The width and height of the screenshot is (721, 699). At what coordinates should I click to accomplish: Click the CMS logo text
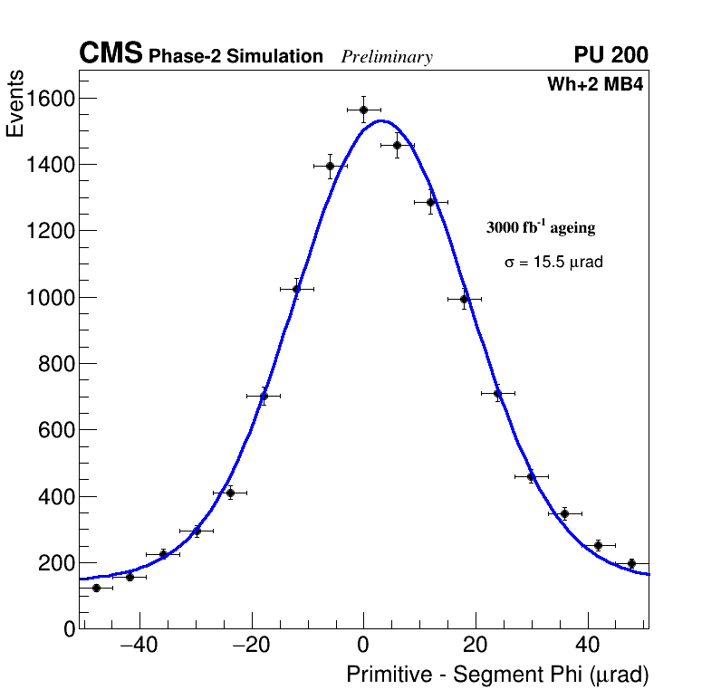[111, 54]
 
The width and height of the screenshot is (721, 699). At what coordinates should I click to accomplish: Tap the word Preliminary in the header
[387, 57]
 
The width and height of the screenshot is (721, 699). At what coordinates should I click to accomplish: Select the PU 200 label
[610, 55]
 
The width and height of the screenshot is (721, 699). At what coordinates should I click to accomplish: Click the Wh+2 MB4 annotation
[594, 85]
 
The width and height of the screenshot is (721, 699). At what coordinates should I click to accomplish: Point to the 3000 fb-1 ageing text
[541, 227]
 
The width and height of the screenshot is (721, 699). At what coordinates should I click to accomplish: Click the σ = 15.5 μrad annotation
[553, 262]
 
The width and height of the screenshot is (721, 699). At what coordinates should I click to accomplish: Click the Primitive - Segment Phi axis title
[497, 675]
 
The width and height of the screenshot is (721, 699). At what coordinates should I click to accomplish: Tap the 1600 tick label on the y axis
[50, 98]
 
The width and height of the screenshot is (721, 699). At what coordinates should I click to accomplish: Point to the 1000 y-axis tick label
[50, 297]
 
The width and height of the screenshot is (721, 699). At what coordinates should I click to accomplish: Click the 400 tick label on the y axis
[56, 496]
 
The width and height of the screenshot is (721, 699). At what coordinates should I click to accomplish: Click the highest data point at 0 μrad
[363, 110]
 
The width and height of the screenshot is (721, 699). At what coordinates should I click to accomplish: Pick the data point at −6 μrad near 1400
[330, 166]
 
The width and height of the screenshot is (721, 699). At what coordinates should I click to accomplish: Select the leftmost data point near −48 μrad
[96, 588]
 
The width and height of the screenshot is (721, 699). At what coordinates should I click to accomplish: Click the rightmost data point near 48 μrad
[631, 563]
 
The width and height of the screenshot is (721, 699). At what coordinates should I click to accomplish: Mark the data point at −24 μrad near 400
[230, 493]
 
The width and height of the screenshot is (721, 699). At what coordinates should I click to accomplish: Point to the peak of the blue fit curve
[380, 120]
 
